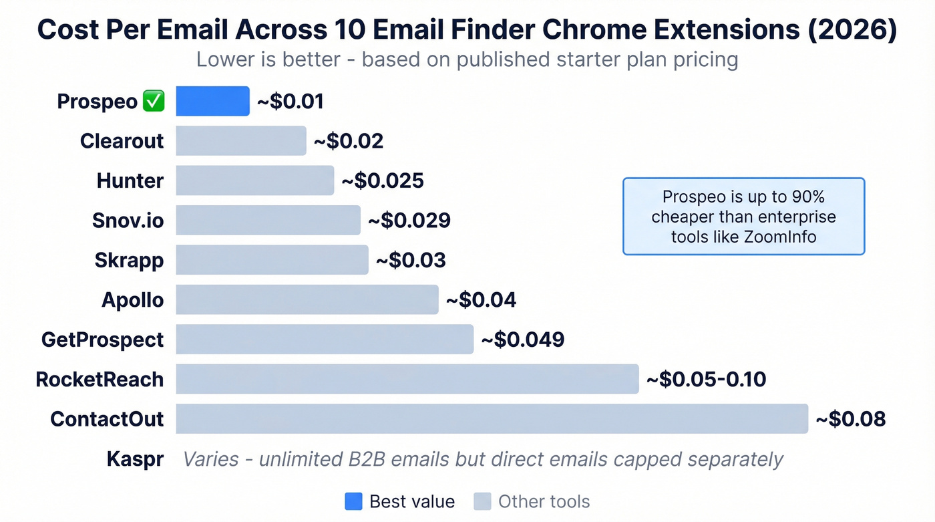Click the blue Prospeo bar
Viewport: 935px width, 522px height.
tap(212, 102)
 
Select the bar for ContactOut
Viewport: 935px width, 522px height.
tap(492, 419)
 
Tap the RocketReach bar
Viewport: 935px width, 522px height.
tap(407, 379)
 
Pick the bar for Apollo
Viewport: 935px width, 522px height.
tap(307, 299)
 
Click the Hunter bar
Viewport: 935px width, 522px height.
tap(254, 180)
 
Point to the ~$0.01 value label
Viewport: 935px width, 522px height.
tap(291, 102)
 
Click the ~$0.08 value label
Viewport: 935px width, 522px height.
tap(851, 419)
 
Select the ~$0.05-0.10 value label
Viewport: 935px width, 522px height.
tap(706, 380)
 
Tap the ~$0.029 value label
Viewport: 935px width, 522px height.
tap(409, 221)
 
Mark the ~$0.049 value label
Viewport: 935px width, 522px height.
tap(522, 340)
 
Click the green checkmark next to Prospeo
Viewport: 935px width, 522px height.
tap(154, 102)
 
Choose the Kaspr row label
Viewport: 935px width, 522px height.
tap(135, 459)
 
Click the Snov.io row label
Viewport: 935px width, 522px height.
tap(128, 221)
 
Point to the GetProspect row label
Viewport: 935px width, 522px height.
tap(102, 340)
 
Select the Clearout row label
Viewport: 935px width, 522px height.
tap(122, 141)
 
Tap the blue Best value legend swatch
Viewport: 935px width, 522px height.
tap(353, 501)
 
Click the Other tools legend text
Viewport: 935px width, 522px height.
tap(544, 501)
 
